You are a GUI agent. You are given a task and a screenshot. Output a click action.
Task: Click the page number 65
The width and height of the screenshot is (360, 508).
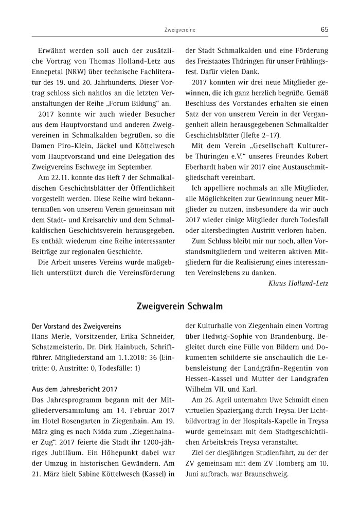(324, 30)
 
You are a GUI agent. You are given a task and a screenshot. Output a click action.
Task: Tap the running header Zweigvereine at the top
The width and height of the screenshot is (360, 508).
(180, 30)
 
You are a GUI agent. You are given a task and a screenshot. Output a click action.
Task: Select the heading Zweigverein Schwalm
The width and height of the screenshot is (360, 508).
(179, 307)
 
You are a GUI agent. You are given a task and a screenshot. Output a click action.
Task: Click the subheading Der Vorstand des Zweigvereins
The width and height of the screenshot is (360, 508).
(76, 326)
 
